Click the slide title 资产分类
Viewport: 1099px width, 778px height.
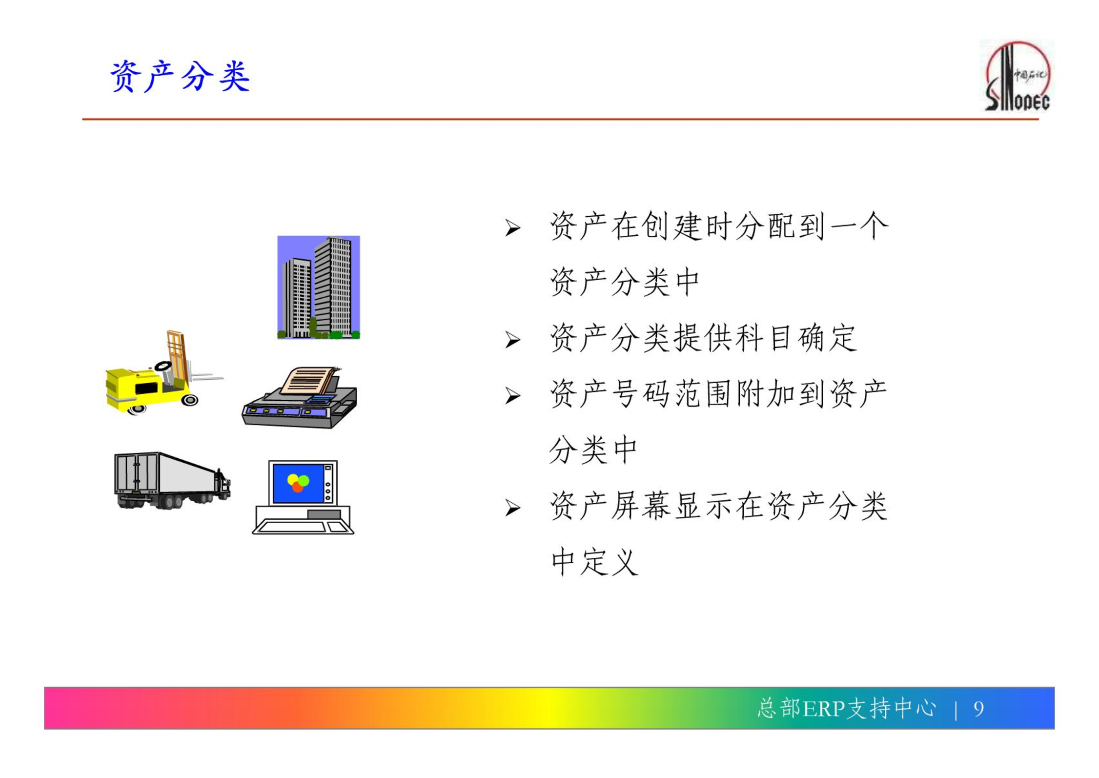pyautogui.click(x=180, y=76)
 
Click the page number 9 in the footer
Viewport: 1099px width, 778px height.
pyautogui.click(x=978, y=709)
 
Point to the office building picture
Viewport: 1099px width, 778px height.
pyautogui.click(x=319, y=287)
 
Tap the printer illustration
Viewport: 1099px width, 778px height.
pyautogui.click(x=300, y=398)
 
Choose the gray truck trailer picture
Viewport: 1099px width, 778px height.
pyautogui.click(x=172, y=481)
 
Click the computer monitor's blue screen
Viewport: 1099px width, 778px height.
pyautogui.click(x=298, y=483)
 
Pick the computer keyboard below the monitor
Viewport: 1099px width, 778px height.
pyautogui.click(x=303, y=527)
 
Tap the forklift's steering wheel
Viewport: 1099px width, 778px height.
pyautogui.click(x=163, y=366)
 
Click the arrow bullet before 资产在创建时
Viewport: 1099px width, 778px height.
pyautogui.click(x=512, y=228)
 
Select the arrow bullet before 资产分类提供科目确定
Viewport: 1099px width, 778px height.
pyautogui.click(x=512, y=340)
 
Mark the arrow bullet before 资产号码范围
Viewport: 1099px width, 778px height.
pyautogui.click(x=512, y=395)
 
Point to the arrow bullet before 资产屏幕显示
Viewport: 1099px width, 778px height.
pyautogui.click(x=512, y=508)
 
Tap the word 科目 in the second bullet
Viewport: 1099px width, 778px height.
pyautogui.click(x=764, y=338)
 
